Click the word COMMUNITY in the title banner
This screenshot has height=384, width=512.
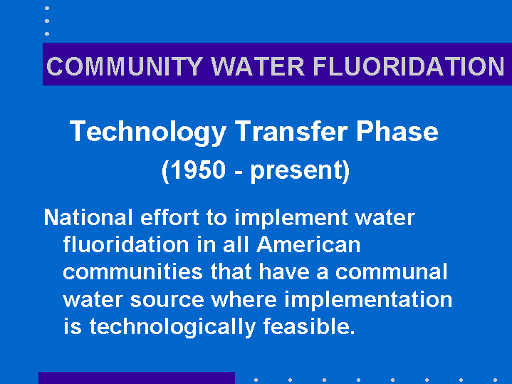pyautogui.click(x=125, y=66)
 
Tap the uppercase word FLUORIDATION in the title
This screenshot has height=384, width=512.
pyautogui.click(x=409, y=66)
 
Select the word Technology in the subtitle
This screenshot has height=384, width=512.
pyautogui.click(x=148, y=132)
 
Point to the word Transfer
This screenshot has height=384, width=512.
pyautogui.click(x=291, y=130)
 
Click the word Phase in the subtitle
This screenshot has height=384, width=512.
pyautogui.click(x=397, y=130)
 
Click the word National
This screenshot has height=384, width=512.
pyautogui.click(x=88, y=217)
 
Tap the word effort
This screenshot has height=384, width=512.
pyautogui.click(x=169, y=217)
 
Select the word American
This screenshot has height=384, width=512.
pyautogui.click(x=308, y=244)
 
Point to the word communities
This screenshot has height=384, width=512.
pyautogui.click(x=133, y=271)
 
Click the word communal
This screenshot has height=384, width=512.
pyautogui.click(x=391, y=271)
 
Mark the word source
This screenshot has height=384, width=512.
pyautogui.click(x=167, y=300)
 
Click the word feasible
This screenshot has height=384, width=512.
pyautogui.click(x=309, y=326)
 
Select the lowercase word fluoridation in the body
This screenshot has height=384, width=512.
pyautogui.click(x=126, y=244)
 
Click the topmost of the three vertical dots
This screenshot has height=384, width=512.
pyautogui.click(x=47, y=8)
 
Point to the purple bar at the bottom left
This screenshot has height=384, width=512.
pyautogui.click(x=137, y=378)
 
